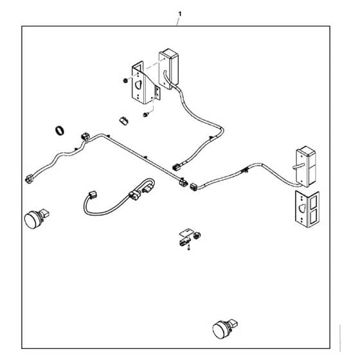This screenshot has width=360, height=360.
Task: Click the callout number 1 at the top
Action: coord(180,14)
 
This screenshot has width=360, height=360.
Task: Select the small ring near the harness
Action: coord(59,130)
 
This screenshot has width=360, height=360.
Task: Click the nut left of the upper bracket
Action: coord(125,80)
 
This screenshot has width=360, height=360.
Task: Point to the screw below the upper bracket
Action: coord(145,114)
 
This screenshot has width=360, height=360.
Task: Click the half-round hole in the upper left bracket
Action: coord(138,85)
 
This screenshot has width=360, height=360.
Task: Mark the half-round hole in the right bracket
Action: coord(301,208)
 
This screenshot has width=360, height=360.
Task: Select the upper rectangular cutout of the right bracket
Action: coord(314,202)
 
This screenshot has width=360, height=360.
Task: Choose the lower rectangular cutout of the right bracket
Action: coord(314,216)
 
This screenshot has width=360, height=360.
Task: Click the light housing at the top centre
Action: coord(168,68)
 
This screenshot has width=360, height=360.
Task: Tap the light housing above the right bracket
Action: coord(306,166)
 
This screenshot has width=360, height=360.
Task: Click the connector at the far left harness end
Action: coord(28,179)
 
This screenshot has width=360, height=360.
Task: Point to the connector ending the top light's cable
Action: coord(176,167)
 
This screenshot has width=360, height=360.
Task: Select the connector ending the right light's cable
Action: coord(194,186)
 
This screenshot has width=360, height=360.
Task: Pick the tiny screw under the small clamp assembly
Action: coord(189,248)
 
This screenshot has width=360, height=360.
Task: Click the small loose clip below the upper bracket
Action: coord(124,121)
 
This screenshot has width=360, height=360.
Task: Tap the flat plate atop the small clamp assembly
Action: coord(186,232)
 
